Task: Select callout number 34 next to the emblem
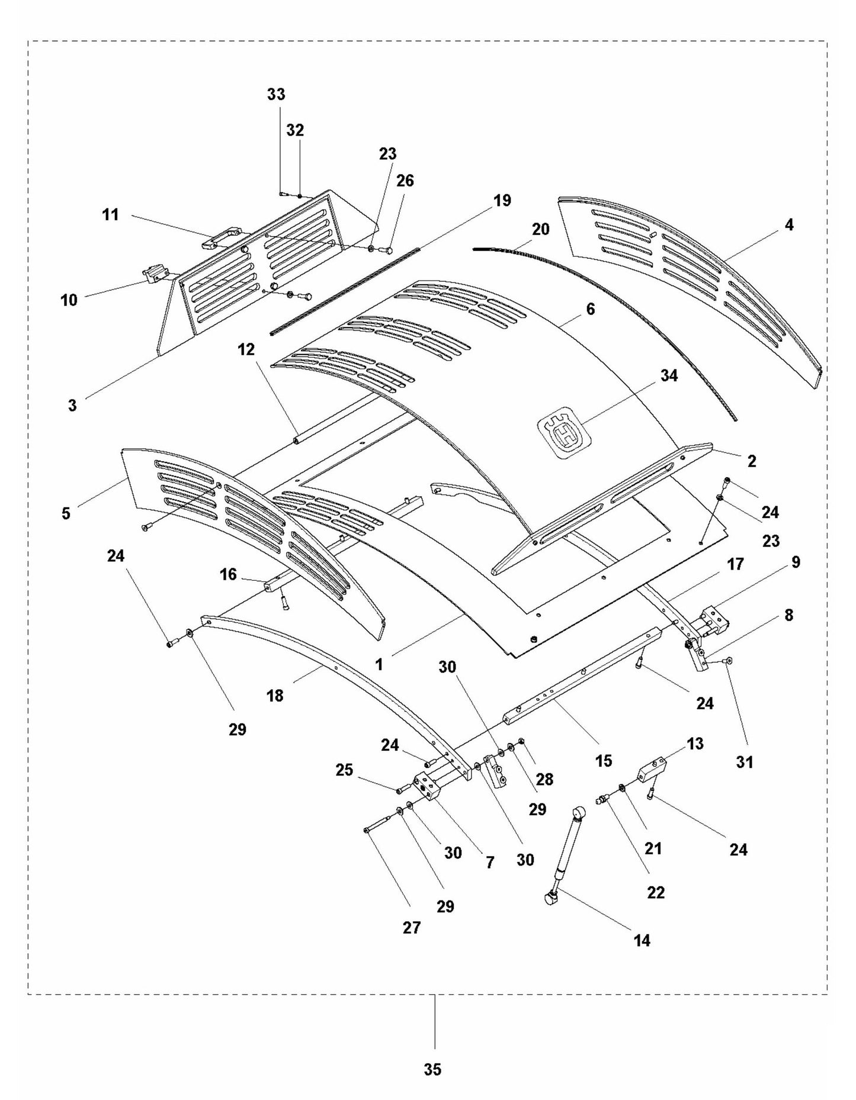coord(668,375)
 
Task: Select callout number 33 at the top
coord(276,94)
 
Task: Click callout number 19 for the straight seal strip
coord(502,200)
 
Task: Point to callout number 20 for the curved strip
coord(540,229)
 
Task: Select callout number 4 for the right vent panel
coord(788,224)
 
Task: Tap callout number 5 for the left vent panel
coord(66,513)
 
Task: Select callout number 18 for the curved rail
coord(275,696)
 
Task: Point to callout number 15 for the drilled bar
coord(603,760)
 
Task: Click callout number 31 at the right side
coord(744,762)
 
